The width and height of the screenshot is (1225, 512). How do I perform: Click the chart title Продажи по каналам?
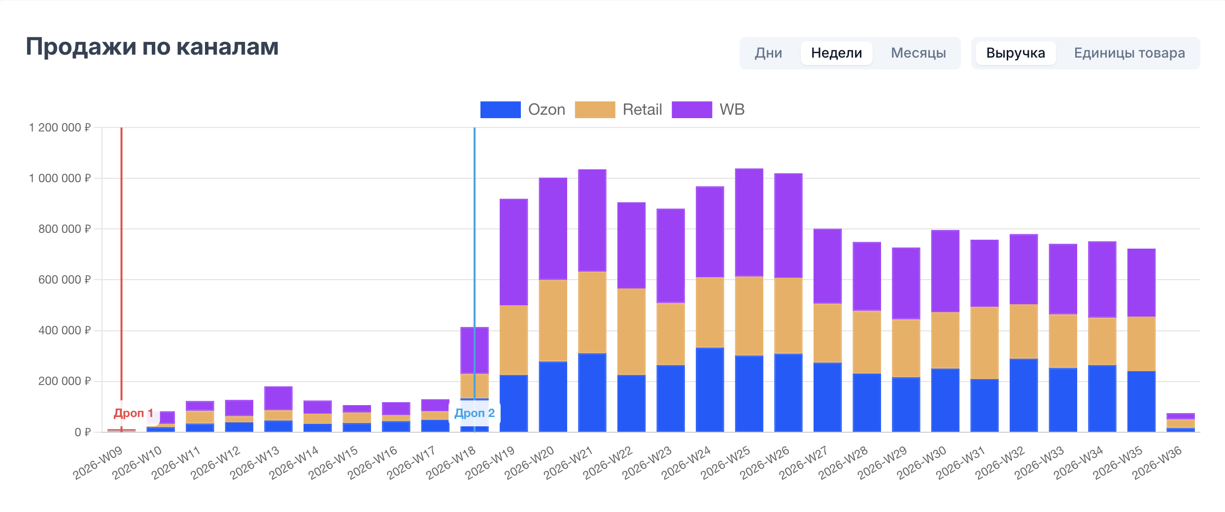[152, 47]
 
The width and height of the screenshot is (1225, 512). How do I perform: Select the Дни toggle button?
[768, 53]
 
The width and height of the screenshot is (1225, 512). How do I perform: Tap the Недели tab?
[836, 53]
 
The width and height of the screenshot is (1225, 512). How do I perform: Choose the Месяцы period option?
[918, 53]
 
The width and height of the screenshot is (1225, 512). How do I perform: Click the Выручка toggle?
[1016, 53]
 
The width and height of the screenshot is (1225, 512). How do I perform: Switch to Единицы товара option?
[1129, 53]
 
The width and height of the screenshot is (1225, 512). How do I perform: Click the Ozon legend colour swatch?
[500, 110]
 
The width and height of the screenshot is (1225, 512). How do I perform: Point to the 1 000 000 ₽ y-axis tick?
[60, 178]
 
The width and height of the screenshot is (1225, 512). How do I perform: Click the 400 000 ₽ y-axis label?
[65, 330]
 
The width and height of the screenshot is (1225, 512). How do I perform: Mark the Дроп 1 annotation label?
[134, 413]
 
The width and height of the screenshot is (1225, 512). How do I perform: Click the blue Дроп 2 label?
[475, 413]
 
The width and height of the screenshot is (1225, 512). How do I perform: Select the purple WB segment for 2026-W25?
[749, 223]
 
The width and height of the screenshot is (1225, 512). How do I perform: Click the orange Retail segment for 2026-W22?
[631, 332]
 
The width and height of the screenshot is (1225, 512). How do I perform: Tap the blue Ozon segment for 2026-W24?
[710, 390]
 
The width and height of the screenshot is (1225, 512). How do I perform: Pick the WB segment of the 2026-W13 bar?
[278, 398]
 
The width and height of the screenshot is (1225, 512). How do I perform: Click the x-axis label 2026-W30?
[921, 463]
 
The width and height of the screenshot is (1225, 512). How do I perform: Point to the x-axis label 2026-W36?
[1157, 463]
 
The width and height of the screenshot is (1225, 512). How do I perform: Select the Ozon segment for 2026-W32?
[1023, 395]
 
